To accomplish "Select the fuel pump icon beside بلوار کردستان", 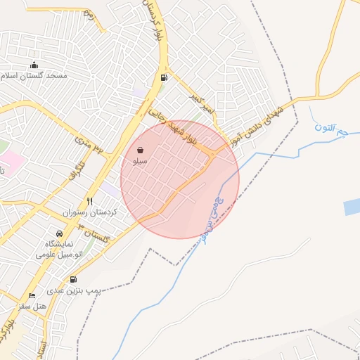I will (164, 77).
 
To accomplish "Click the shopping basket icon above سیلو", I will (141, 150).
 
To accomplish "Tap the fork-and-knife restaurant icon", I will (89, 200).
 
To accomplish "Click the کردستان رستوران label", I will (89, 211).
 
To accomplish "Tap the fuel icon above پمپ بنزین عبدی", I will (75, 279).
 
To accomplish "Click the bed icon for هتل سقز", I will (32, 296).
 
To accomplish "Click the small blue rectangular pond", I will (352, 207).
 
